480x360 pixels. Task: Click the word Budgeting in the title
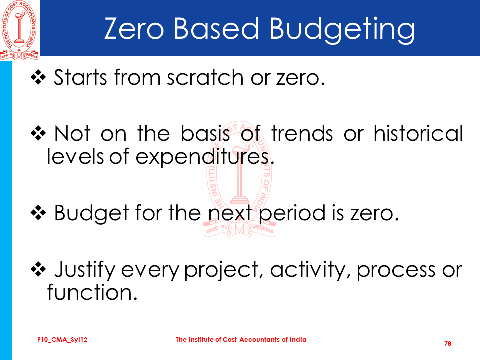pos(342,30)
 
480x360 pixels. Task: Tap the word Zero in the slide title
pos(134,28)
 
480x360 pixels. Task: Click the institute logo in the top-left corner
pos(19,30)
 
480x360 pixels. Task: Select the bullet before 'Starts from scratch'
pos(38,77)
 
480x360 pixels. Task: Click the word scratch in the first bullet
pos(205,77)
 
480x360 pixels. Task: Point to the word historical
pos(418,133)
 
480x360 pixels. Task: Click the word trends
pos(302,134)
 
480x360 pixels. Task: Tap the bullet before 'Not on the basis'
pos(38,134)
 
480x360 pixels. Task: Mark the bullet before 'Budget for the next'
pos(38,213)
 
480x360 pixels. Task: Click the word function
pos(92,292)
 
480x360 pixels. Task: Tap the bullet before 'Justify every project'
pos(38,269)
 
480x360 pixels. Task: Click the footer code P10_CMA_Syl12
pos(62,340)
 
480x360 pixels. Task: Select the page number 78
pos(448,344)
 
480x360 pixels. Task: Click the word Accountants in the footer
pos(260,340)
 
